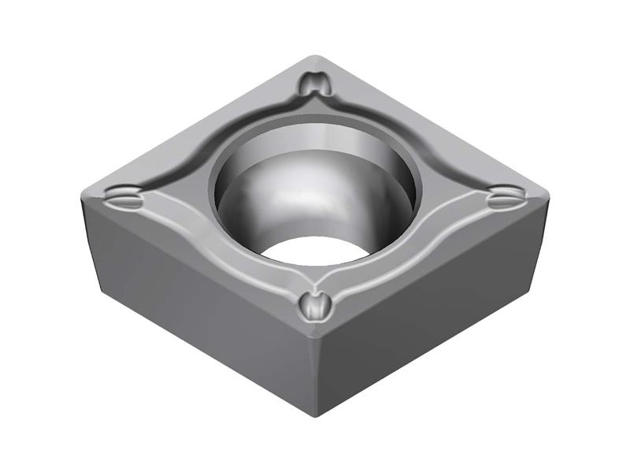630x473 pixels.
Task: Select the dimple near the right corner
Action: (x=504, y=197)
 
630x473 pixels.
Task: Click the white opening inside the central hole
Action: (x=315, y=251)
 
